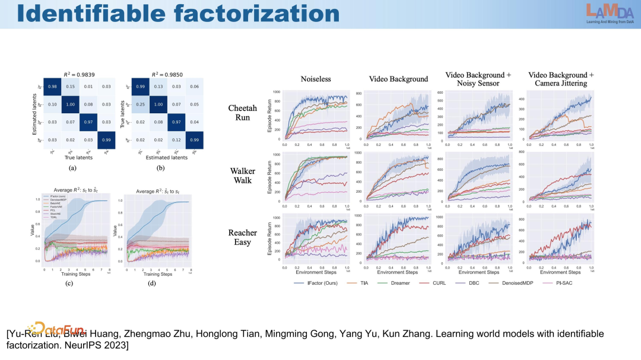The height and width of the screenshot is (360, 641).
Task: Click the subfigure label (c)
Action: tap(69, 283)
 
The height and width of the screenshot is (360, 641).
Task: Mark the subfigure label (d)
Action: tap(152, 283)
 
